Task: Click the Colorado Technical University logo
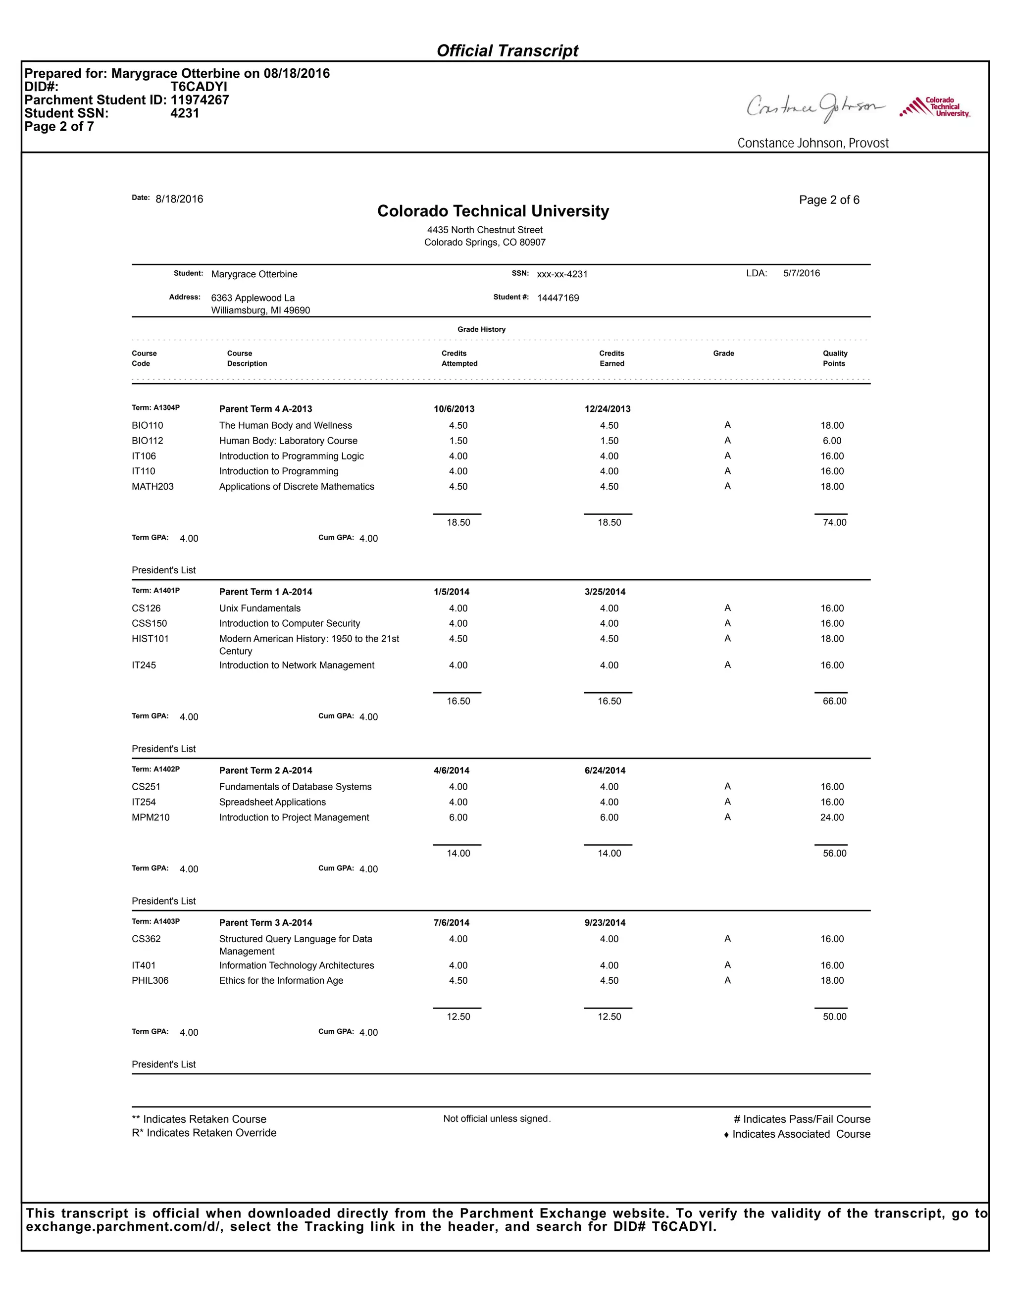(935, 107)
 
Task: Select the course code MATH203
(152, 487)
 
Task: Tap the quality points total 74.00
(834, 523)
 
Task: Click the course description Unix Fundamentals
(259, 608)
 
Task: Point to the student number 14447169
(558, 298)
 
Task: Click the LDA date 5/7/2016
(802, 273)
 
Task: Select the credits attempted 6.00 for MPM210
(458, 817)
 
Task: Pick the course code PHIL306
(150, 980)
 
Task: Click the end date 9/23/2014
(605, 923)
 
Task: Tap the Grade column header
(723, 353)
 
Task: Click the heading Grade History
(481, 329)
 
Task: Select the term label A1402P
(155, 769)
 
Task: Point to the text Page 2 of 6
(829, 200)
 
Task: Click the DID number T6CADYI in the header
(199, 87)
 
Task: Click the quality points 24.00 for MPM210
(832, 817)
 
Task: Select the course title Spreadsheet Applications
(272, 802)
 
